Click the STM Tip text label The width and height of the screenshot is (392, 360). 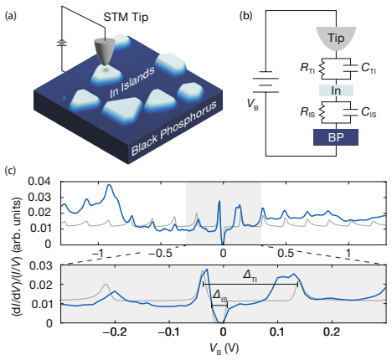[x=126, y=18]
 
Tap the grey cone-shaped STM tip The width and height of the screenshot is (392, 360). [x=105, y=53]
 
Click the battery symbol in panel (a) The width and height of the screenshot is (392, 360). [x=62, y=44]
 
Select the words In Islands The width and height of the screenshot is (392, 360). [x=132, y=82]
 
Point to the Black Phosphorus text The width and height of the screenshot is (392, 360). [x=174, y=127]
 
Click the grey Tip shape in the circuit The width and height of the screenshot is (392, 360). [x=336, y=39]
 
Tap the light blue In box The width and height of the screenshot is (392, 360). [x=336, y=90]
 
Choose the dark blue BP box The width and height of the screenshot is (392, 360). [x=336, y=137]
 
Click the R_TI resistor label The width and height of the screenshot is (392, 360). [x=307, y=68]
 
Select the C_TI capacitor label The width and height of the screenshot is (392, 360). [x=369, y=68]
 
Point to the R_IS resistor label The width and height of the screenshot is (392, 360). [x=307, y=112]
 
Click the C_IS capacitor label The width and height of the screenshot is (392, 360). [x=369, y=112]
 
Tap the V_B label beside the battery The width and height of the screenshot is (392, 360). [x=253, y=104]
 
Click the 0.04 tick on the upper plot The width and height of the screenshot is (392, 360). [x=39, y=182]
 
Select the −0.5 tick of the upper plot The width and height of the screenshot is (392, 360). [x=160, y=254]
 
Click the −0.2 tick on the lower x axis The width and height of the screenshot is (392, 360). [x=116, y=332]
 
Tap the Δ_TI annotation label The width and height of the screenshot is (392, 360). [x=250, y=275]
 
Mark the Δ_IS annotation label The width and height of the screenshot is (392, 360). [x=220, y=296]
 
